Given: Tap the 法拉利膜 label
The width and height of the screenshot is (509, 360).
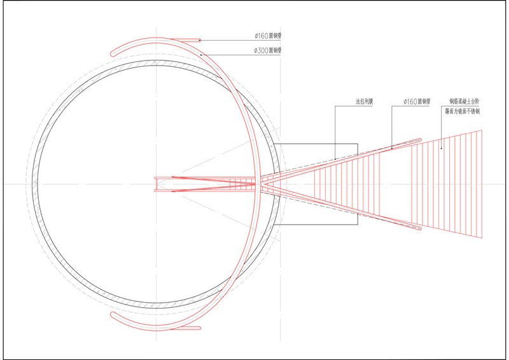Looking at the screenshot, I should (x=366, y=101).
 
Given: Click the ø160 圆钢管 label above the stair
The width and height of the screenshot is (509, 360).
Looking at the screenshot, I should (x=417, y=101).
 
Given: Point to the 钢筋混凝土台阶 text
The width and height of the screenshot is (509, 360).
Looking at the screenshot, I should (x=464, y=101).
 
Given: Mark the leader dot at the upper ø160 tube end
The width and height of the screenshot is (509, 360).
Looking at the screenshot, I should (x=200, y=40).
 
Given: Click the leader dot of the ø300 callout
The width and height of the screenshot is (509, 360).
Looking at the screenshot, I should (x=202, y=55).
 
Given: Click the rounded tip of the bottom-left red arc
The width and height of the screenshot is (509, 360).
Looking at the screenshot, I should (x=112, y=314).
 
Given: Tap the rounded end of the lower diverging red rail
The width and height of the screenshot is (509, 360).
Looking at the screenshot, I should (x=420, y=228).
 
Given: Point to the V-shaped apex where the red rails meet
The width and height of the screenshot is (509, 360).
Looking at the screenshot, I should (x=261, y=184).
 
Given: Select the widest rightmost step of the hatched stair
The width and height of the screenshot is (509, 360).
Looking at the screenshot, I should (x=480, y=184).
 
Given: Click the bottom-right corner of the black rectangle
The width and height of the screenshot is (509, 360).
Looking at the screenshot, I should (x=358, y=225).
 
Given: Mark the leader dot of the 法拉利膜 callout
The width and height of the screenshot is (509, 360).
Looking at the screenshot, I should (x=335, y=158).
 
